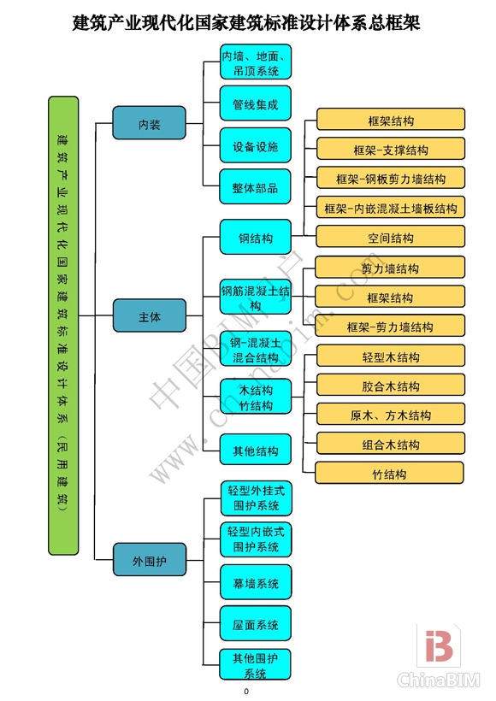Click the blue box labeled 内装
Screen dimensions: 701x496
coord(149,124)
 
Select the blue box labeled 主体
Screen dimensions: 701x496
coord(149,316)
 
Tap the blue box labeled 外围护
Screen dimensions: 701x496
coord(149,561)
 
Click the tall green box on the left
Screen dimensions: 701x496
coord(64,325)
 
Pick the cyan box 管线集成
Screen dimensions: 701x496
coord(256,103)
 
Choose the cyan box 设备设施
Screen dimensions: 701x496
coord(256,146)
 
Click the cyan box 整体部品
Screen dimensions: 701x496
coord(256,187)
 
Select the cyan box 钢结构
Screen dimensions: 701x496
coord(256,238)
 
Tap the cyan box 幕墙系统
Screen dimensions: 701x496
coord(256,583)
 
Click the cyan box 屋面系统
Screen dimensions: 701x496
coord(256,625)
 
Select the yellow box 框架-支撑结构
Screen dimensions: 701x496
coord(391,150)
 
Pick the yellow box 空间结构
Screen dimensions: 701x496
coord(391,237)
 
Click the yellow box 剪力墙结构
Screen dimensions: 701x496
coord(391,268)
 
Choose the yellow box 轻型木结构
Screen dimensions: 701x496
coord(391,356)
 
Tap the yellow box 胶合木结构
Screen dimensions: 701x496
coord(391,386)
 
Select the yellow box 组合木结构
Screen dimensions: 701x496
coord(391,445)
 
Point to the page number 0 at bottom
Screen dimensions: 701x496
coord(246,691)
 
